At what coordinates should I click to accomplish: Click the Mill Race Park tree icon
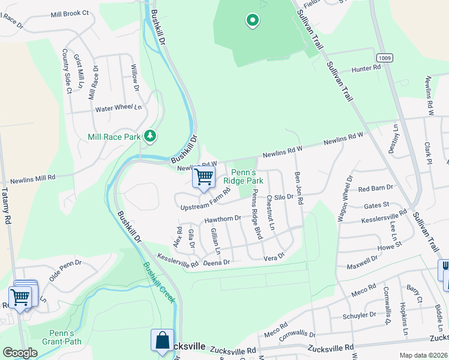150,136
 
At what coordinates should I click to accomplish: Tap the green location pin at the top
253,22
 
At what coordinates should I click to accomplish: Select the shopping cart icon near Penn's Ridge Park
204,177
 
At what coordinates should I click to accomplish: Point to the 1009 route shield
386,57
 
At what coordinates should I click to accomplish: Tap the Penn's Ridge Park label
243,176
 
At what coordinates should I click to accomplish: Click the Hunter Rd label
366,69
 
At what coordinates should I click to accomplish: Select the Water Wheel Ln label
119,109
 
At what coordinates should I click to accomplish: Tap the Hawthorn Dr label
222,220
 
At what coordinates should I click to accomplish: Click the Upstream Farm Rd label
206,200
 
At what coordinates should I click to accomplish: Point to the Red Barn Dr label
375,188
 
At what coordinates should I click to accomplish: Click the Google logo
20,353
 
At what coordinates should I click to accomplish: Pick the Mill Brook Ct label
70,13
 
